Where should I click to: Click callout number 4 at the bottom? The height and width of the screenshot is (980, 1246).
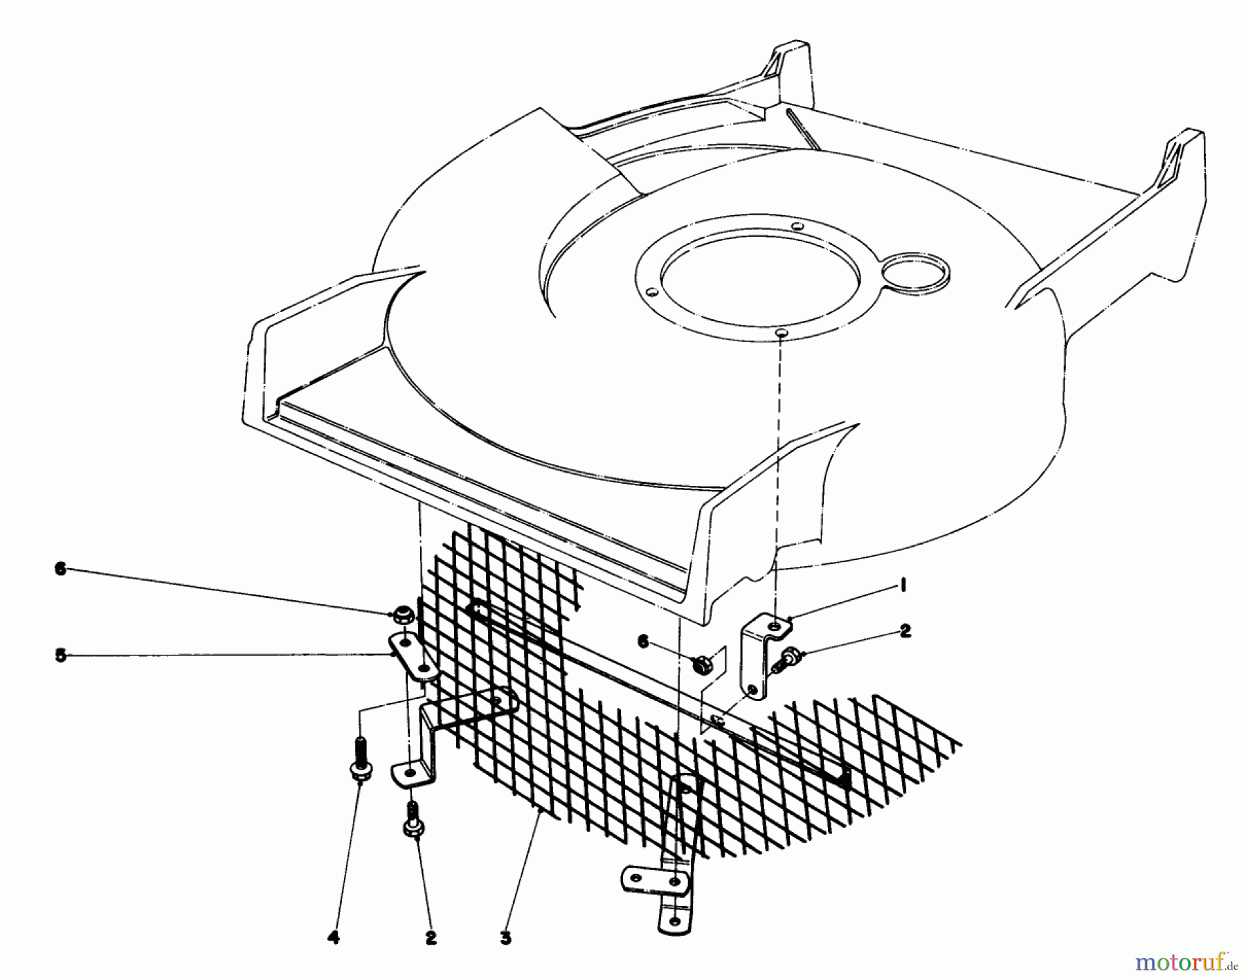[334, 939]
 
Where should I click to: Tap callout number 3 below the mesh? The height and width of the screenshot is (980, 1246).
[505, 939]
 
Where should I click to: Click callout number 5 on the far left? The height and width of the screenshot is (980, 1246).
[61, 655]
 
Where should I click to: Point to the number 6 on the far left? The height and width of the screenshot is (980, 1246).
[61, 569]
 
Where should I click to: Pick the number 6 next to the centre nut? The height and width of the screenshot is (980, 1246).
[643, 642]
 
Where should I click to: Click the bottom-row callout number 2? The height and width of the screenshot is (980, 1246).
[431, 939]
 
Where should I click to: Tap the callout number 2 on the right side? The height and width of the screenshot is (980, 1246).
[905, 630]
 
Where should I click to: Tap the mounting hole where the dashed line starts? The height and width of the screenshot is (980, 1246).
[780, 334]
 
